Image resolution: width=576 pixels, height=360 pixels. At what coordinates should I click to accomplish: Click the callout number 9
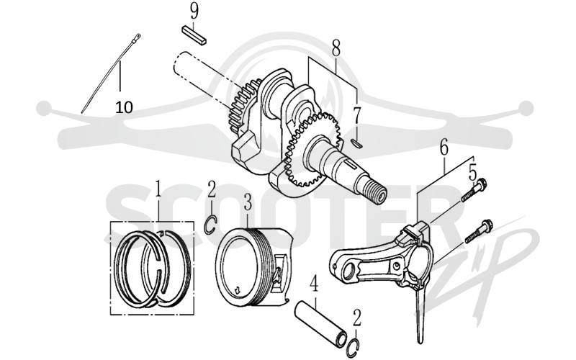click(194, 11)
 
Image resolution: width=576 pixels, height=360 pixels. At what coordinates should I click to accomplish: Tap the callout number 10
click(124, 107)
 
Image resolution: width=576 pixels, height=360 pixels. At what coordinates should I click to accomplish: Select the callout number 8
click(336, 48)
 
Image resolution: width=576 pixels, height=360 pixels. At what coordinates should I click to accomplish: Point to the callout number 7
click(356, 115)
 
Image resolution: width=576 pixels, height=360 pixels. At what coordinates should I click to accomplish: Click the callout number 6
click(444, 148)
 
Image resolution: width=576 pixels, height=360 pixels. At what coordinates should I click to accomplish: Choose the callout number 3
click(248, 202)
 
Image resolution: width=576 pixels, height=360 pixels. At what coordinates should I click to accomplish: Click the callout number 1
click(158, 189)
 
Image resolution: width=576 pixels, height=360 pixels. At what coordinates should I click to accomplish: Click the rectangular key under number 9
click(194, 35)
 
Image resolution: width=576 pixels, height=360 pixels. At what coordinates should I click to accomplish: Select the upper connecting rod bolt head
click(481, 183)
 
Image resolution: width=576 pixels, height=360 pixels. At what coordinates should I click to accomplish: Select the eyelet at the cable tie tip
click(138, 37)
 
